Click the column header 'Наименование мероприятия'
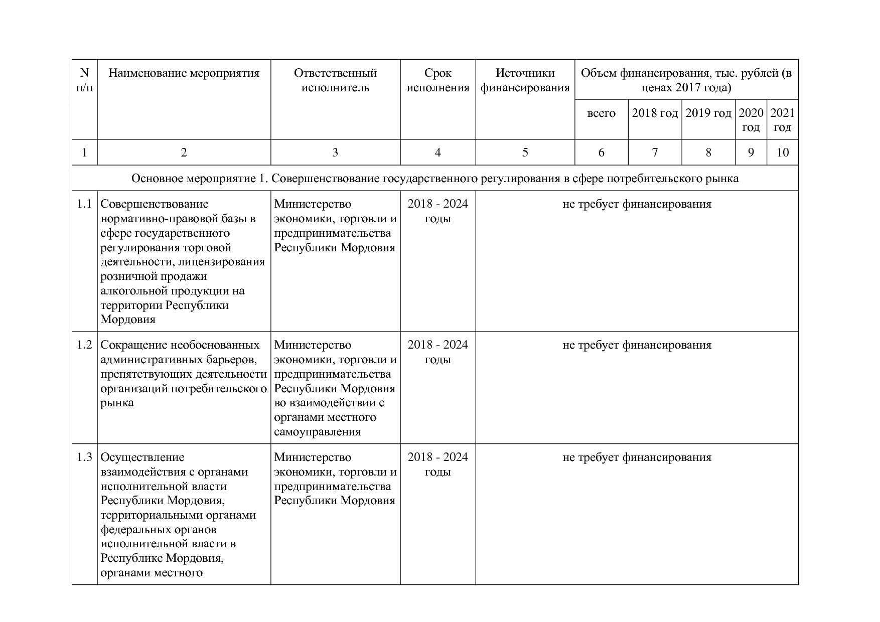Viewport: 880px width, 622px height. [x=184, y=73]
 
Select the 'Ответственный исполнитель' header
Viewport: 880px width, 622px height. [x=335, y=80]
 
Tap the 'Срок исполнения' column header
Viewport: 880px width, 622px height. [x=437, y=80]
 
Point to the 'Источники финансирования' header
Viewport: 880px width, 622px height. [x=525, y=80]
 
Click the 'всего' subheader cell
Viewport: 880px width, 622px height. [x=601, y=113]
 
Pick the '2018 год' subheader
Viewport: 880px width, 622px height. [x=655, y=113]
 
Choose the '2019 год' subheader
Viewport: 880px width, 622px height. [x=708, y=113]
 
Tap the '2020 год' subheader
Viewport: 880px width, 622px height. [x=751, y=120]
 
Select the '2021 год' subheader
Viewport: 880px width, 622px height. [x=782, y=120]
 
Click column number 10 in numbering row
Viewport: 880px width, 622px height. [x=782, y=152]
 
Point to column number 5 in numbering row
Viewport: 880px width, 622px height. [x=525, y=152]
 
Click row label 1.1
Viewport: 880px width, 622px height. [x=84, y=204]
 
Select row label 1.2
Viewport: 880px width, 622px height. [x=84, y=345]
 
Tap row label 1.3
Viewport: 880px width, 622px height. [x=84, y=457]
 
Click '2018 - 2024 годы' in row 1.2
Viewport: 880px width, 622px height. [x=437, y=352]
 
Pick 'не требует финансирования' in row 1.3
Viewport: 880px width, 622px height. [x=637, y=457]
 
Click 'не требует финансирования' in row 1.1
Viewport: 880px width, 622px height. [x=637, y=204]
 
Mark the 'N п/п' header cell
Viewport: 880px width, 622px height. [x=84, y=80]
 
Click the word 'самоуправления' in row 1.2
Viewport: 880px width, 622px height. [x=317, y=432]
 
